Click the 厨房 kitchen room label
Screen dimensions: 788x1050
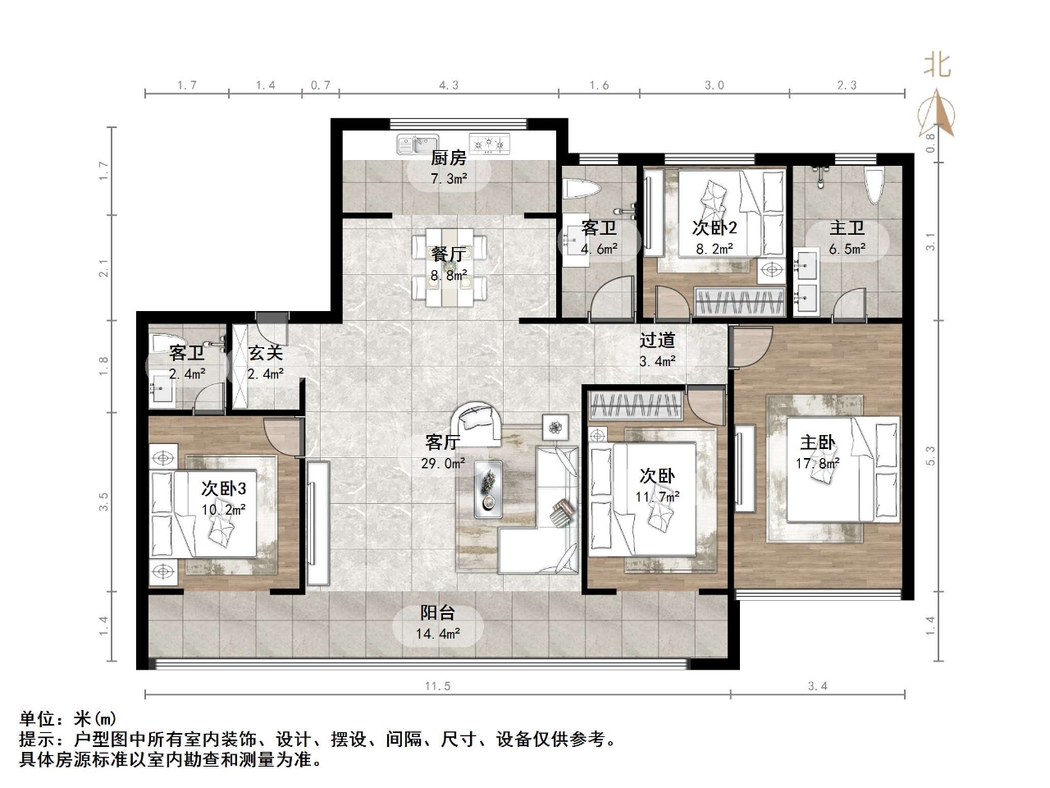449,158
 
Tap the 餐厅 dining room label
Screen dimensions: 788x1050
449,255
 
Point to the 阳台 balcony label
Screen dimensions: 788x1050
437,613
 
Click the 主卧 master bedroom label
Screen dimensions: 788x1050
818,443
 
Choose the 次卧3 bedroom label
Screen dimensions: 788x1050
223,488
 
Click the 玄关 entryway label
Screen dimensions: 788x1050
266,353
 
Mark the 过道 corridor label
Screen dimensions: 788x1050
657,340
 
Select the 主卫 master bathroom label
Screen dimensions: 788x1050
847,228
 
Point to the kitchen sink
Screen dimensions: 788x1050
417,144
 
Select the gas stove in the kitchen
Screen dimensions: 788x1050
489,144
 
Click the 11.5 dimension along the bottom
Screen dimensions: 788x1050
437,686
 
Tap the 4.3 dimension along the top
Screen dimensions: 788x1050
449,85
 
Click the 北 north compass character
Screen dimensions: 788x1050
937,64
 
